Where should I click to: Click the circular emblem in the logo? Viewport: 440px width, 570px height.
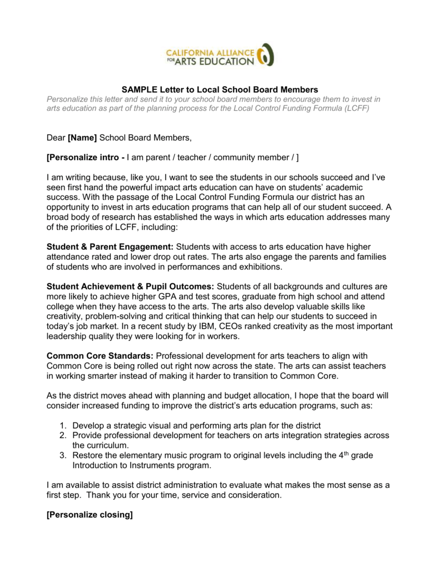click(x=266, y=55)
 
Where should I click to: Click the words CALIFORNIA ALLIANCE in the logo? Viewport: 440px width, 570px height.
click(x=210, y=52)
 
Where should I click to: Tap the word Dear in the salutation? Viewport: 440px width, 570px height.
click(x=56, y=137)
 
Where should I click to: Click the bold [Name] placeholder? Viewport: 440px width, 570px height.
click(x=82, y=137)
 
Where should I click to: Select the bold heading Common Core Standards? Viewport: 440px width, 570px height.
click(x=101, y=356)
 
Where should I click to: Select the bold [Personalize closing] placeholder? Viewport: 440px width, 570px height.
click(x=90, y=515)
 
